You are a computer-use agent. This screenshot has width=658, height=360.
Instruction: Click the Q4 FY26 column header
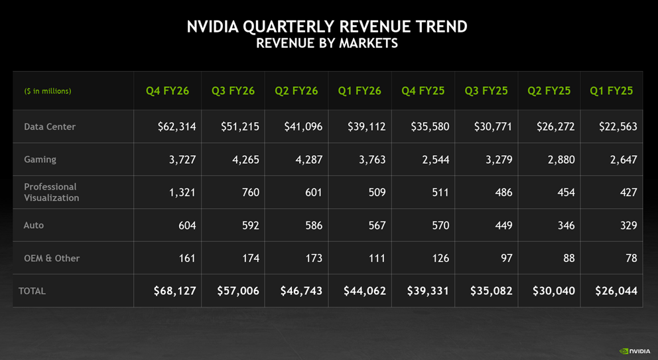coord(167,91)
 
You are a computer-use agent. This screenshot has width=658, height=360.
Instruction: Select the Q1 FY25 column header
coord(611,91)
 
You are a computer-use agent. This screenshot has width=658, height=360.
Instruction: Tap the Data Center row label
coord(50,127)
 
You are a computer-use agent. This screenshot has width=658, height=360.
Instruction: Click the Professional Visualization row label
coord(51,192)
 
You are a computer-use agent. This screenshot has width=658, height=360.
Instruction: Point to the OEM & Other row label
coord(52,258)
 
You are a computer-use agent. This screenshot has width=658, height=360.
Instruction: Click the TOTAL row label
coord(32,291)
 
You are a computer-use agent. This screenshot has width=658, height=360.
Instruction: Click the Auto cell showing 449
coord(503,225)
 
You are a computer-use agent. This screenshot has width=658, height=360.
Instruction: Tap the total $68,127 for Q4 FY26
coord(174,291)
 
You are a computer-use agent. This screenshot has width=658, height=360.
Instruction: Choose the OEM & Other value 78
coord(630,258)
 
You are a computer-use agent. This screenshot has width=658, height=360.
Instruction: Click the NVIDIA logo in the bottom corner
coord(635,351)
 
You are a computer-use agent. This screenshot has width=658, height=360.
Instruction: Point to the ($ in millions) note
coord(48,91)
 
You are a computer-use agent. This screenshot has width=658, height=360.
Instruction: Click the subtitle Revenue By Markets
coord(327,44)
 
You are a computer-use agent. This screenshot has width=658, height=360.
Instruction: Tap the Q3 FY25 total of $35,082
coord(491,291)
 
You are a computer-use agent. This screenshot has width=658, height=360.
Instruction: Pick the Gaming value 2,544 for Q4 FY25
coord(435,160)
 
